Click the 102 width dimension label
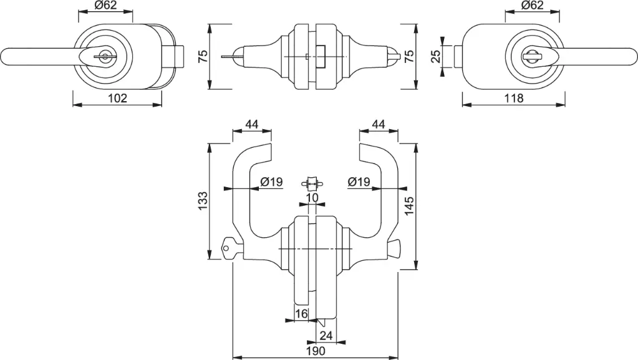point(118,98)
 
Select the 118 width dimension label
point(514,98)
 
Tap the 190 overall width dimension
point(316,351)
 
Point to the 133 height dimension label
point(202,201)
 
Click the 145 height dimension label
point(409,206)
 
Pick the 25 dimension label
point(435,56)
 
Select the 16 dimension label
point(301,314)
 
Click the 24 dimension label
point(326,336)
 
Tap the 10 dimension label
point(312,198)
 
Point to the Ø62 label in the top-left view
point(105,5)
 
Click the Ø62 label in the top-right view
point(532,5)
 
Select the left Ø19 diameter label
point(271,182)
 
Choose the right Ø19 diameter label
point(359,182)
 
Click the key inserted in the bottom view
point(232,247)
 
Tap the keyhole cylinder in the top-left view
point(105,57)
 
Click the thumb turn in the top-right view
point(533,57)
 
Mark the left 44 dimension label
point(252,124)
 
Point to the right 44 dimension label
point(379,124)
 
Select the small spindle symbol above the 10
point(312,183)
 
